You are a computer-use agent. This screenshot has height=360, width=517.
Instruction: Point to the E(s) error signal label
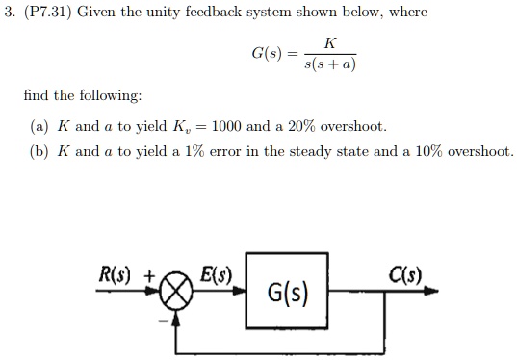click(x=216, y=270)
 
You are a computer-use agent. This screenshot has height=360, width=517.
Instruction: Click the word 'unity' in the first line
click(x=160, y=13)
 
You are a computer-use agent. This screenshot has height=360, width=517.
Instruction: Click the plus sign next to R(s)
click(x=149, y=272)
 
